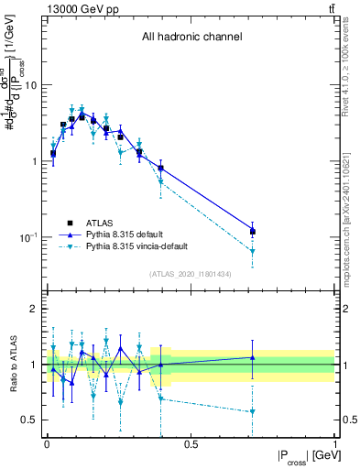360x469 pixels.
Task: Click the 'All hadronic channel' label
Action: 191,38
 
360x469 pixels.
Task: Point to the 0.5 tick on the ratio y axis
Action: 31,420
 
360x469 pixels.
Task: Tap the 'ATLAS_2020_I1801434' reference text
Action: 191,274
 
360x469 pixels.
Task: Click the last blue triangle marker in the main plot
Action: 252,230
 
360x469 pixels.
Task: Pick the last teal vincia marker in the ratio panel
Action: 252,412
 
